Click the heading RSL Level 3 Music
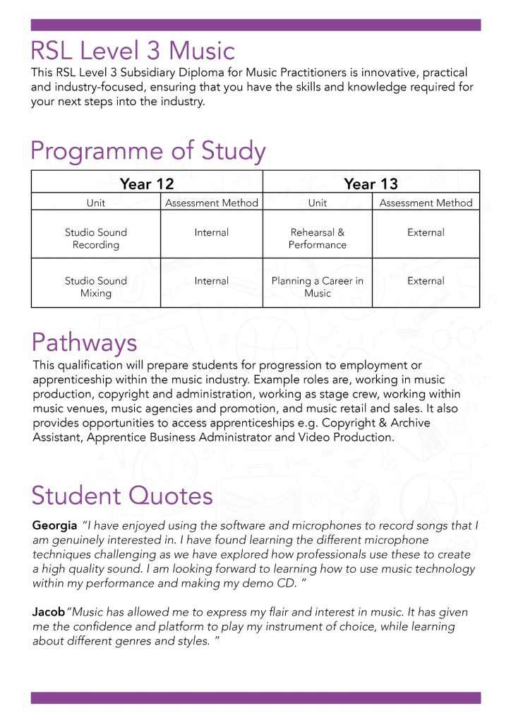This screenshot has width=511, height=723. coord(132,51)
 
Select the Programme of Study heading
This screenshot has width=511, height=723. coord(148,151)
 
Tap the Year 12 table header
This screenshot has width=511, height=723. coord(147,184)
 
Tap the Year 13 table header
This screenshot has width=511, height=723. coord(371,184)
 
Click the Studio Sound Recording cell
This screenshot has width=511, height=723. coord(96,239)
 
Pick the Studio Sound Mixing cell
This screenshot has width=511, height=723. coord(96,287)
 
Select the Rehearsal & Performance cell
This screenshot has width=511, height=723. coord(318,239)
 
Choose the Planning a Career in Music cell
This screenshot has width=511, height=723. coord(318,287)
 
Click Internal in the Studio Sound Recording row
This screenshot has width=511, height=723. coord(212,232)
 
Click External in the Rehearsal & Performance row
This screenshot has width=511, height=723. coord(426,232)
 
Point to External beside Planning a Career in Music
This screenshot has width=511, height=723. coord(426,281)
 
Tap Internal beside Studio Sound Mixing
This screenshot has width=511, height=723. coord(212,281)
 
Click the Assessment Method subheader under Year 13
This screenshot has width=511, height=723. coord(426,203)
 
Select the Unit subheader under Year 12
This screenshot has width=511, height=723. coord(96,203)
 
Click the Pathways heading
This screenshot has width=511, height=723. coord(84,342)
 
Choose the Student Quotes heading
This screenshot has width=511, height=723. coord(122,495)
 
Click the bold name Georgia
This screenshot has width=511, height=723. coord(54,526)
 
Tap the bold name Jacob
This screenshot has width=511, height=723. coord(49,612)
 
